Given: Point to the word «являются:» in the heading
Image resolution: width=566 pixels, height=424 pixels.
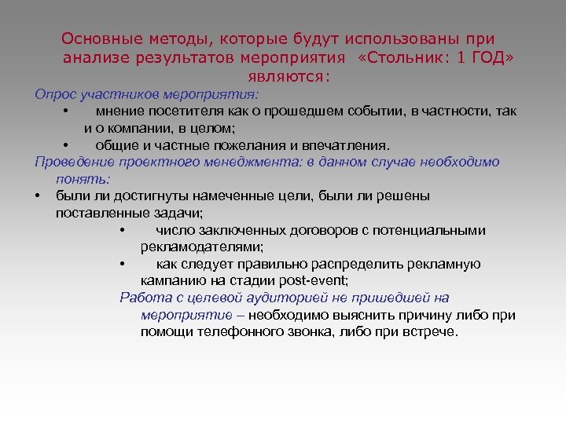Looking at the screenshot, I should click(x=289, y=77).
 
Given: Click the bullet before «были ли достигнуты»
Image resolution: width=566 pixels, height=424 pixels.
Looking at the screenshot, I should click(x=38, y=196).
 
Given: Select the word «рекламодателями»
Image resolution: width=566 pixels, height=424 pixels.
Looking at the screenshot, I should click(x=201, y=247).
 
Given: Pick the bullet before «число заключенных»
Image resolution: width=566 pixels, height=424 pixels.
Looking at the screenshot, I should click(x=123, y=231).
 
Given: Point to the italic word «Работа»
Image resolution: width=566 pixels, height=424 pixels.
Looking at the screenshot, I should click(x=142, y=298).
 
